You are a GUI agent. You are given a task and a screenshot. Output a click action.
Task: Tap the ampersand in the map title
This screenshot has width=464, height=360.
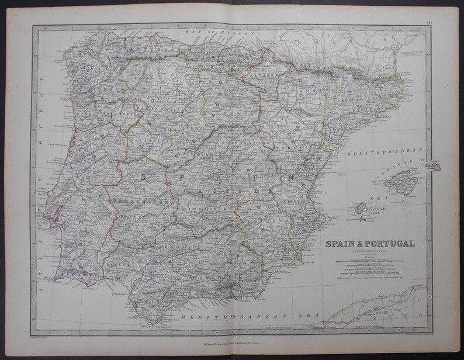point(358,243)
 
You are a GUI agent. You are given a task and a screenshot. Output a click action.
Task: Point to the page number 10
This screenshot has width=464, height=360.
point(429,23)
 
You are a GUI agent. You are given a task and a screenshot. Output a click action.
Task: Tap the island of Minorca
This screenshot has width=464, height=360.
point(432,167)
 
